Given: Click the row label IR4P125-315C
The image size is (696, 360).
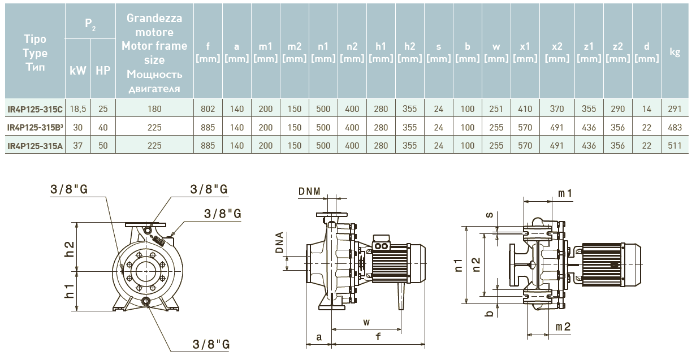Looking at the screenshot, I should (35, 109).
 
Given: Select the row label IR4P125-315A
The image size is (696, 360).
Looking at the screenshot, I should (35, 146).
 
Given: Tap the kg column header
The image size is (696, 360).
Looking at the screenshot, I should (675, 51).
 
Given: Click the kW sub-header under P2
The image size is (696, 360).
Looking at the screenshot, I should (78, 71).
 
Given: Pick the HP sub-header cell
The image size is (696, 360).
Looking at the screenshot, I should (103, 71).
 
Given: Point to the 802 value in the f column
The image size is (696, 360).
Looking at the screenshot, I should (208, 109).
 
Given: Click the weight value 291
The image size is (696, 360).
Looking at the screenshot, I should (675, 109).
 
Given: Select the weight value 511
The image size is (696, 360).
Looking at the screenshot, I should (675, 146).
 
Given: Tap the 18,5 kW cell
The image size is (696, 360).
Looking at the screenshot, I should (78, 109).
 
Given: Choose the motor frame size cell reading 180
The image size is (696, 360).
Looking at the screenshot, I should (154, 109).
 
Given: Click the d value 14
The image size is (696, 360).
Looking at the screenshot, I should (647, 109).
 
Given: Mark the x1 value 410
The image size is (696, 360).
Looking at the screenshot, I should (525, 109).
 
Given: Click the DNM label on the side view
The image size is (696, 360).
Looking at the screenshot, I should (309, 192).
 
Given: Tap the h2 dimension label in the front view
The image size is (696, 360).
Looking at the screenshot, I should (70, 249).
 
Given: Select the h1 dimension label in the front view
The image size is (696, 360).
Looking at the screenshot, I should (70, 292).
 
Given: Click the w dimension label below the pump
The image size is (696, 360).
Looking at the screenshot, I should (366, 322).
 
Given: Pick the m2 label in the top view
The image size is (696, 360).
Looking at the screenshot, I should (563, 327).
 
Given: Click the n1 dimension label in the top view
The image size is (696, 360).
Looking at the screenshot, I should (459, 264).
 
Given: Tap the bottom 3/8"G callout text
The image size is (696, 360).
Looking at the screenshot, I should (210, 344).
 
